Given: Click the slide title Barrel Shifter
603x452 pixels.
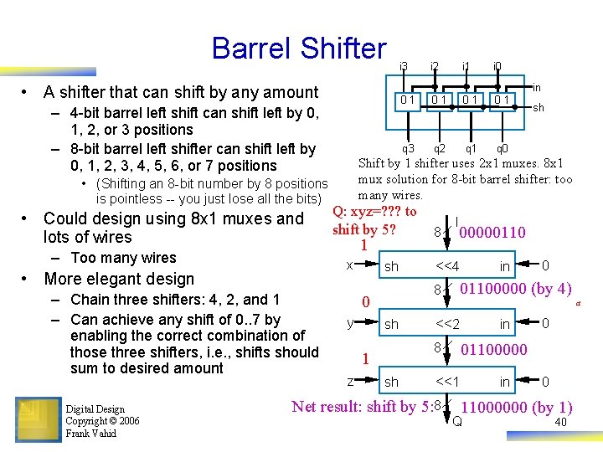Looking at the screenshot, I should [x=299, y=48].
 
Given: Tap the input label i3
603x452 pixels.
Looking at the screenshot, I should [x=404, y=65].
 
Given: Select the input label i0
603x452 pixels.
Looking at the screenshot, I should [x=497, y=65].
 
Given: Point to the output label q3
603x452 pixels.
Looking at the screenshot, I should [x=409, y=148].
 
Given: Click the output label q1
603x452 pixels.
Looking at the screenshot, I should [x=472, y=148].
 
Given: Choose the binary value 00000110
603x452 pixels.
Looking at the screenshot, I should [x=492, y=232].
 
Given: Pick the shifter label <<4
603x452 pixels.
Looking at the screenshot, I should [x=447, y=267].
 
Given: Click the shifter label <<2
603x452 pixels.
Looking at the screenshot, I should [x=447, y=324].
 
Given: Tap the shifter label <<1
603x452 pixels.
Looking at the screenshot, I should [x=447, y=382].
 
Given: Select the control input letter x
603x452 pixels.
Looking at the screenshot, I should [x=348, y=265].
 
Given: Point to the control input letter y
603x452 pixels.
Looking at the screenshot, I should [x=348, y=322].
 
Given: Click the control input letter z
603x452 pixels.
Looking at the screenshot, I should [x=348, y=381].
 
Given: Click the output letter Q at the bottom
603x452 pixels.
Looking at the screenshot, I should [x=457, y=421].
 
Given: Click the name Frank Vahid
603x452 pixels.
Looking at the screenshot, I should [x=92, y=433].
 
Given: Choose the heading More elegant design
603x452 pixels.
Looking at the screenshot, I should [x=119, y=279].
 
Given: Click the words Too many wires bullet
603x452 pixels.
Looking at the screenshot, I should [x=123, y=258].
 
